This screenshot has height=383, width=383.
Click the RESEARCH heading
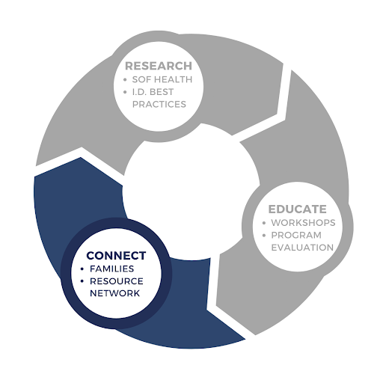(159, 66)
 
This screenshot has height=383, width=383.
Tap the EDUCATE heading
(298, 209)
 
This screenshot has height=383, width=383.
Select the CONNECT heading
(116, 256)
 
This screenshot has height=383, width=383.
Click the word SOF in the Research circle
(141, 79)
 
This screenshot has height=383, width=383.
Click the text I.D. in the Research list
(139, 92)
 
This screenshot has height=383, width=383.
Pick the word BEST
(162, 92)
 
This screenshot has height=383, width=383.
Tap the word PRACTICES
(159, 104)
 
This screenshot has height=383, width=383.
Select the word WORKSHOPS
(303, 223)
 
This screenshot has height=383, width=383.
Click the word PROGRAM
(296, 235)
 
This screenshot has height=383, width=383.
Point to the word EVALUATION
(302, 248)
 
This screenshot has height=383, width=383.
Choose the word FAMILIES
(111, 269)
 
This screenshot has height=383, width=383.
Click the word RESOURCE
(117, 281)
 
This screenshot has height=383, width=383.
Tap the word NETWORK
(114, 293)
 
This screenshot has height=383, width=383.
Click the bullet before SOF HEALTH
(125, 80)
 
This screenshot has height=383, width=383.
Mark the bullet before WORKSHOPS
(264, 223)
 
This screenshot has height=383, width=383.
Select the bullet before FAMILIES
(82, 269)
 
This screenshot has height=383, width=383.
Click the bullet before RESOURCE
(82, 281)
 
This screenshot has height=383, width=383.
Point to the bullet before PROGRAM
(264, 236)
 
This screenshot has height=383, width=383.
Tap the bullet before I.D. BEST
(125, 92)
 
